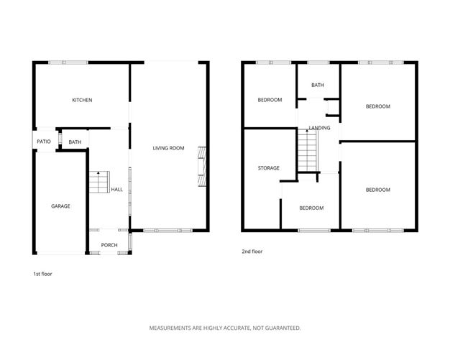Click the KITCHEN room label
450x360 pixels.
pyautogui.click(x=81, y=100)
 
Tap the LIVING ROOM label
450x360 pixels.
pyautogui.click(x=168, y=149)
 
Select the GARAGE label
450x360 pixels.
pyautogui.click(x=60, y=206)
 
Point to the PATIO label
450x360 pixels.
pyautogui.click(x=44, y=142)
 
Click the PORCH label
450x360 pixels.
pyautogui.click(x=109, y=245)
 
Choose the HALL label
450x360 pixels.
pyautogui.click(x=116, y=190)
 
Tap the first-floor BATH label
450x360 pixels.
pyautogui.click(x=75, y=142)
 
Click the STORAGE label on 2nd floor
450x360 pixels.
pyautogui.click(x=269, y=168)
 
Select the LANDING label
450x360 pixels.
pyautogui.click(x=319, y=128)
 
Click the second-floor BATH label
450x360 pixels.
pyautogui.click(x=317, y=86)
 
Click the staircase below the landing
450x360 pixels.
pyautogui.click(x=307, y=150)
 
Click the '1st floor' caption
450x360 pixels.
pyautogui.click(x=42, y=274)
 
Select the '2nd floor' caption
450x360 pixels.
pyautogui.click(x=252, y=252)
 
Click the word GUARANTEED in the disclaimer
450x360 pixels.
pyautogui.click(x=277, y=328)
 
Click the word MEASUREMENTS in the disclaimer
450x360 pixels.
pyautogui.click(x=173, y=328)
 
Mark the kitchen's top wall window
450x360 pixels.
pyautogui.click(x=68, y=63)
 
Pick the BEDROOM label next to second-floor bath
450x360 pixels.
pyautogui.click(x=270, y=100)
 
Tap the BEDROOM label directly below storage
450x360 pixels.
pyautogui.click(x=311, y=208)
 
